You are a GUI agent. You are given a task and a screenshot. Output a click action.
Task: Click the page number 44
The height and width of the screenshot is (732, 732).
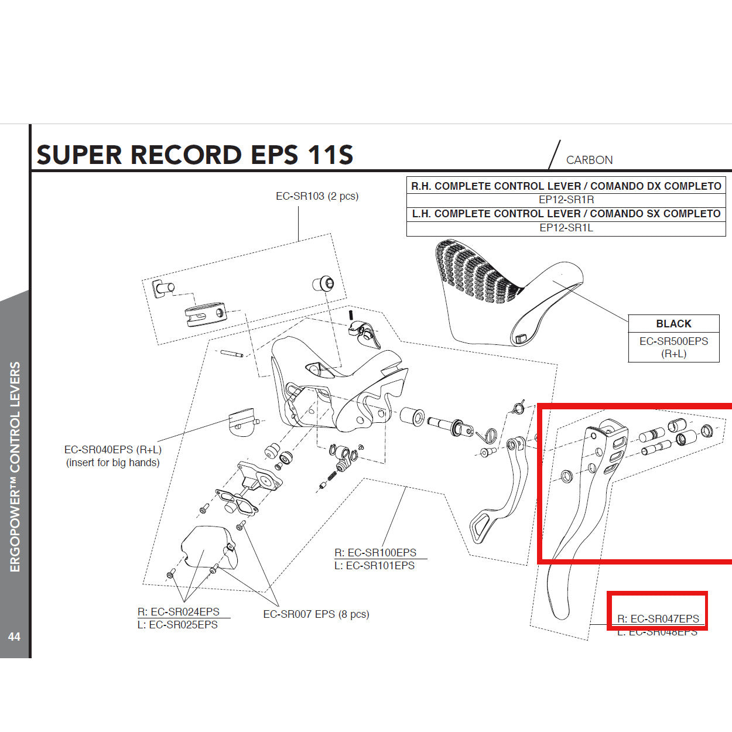click(14, 637)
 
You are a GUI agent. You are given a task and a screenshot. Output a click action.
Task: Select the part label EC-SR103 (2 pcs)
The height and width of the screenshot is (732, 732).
click(317, 196)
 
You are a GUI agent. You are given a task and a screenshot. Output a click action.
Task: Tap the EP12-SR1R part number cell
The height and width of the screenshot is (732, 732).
click(566, 200)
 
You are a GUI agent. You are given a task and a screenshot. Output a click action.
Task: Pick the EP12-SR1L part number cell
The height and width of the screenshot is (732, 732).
click(566, 228)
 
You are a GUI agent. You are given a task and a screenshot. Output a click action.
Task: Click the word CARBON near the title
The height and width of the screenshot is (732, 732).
click(589, 160)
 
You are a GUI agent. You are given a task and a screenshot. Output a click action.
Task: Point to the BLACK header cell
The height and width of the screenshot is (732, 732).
click(673, 324)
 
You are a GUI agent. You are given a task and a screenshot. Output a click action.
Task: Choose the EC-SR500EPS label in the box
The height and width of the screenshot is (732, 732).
click(673, 341)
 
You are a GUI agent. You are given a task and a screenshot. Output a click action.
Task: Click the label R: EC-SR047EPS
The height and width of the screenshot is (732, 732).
click(658, 618)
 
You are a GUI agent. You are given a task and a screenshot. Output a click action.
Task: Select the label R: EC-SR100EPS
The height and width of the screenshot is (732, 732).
click(375, 553)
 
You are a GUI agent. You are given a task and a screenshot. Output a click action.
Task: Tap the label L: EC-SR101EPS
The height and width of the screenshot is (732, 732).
click(374, 566)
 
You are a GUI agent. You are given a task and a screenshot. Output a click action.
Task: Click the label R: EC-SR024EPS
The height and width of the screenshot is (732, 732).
click(179, 611)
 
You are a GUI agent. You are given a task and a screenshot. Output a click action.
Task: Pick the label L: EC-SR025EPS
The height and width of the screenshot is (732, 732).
click(177, 625)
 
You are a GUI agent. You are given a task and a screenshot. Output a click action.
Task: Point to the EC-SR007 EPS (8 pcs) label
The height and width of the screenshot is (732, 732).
click(316, 614)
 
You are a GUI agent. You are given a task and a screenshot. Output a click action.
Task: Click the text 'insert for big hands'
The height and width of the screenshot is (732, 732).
click(112, 463)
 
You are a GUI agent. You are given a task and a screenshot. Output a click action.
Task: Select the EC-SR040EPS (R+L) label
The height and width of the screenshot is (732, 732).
click(112, 450)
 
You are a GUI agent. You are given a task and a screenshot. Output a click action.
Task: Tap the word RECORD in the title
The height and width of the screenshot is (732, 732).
click(186, 155)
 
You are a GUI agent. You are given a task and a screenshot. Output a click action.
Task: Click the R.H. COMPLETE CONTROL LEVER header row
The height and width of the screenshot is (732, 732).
click(566, 186)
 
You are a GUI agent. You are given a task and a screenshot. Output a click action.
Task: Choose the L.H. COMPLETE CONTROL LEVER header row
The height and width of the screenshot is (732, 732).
click(566, 214)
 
